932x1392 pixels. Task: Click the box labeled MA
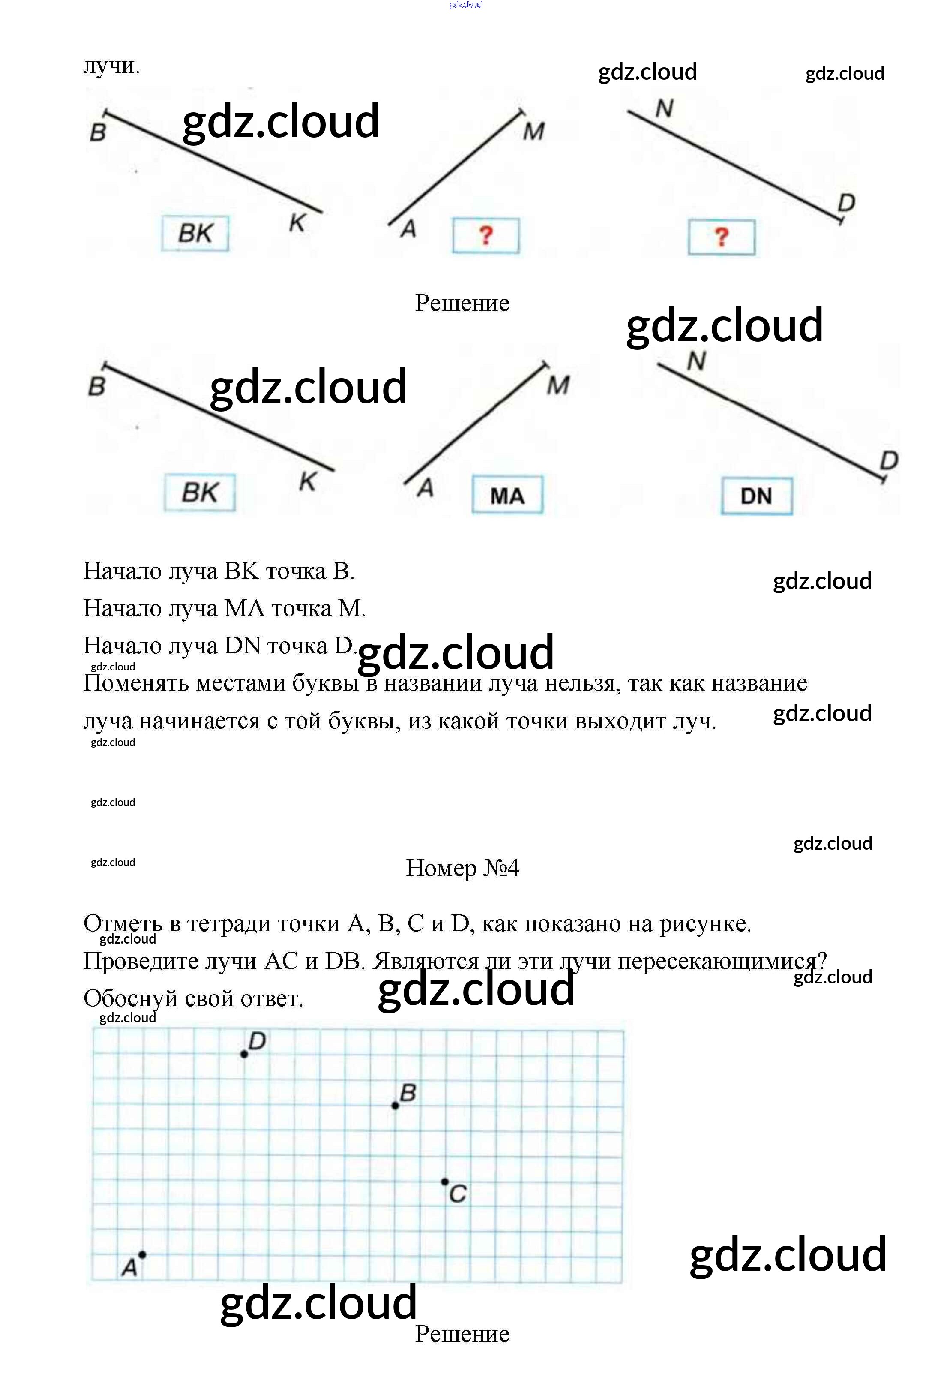507,495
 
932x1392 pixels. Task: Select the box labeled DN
756,495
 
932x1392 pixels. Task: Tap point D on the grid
244,1054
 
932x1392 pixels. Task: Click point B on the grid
395,1105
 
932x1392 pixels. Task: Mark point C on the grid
445,1182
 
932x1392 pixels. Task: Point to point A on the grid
142,1255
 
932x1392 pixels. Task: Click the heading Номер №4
462,868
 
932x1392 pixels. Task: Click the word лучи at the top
111,66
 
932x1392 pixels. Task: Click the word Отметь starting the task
123,923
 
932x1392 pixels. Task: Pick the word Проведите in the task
140,961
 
